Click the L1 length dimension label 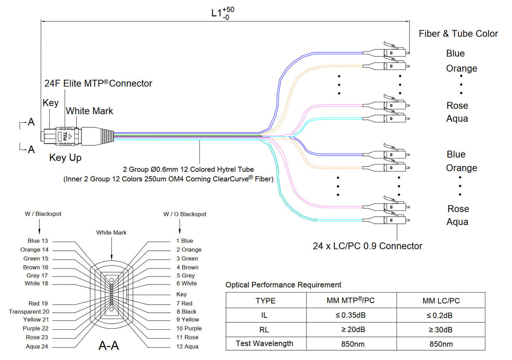(x=222, y=13)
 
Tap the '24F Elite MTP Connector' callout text (x=98, y=83)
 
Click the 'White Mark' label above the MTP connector (x=89, y=111)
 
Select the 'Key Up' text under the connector (x=65, y=158)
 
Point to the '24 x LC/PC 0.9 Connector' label (x=367, y=246)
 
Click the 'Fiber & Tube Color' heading (x=458, y=34)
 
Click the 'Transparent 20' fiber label (x=29, y=312)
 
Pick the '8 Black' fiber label (x=186, y=312)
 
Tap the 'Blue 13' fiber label (x=38, y=241)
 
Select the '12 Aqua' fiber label (x=187, y=347)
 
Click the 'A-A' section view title (x=108, y=346)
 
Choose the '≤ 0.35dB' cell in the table (x=351, y=315)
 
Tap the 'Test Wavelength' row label (x=264, y=344)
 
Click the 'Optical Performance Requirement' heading (x=283, y=285)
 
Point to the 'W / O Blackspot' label (x=185, y=214)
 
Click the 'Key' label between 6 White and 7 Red (x=181, y=294)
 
